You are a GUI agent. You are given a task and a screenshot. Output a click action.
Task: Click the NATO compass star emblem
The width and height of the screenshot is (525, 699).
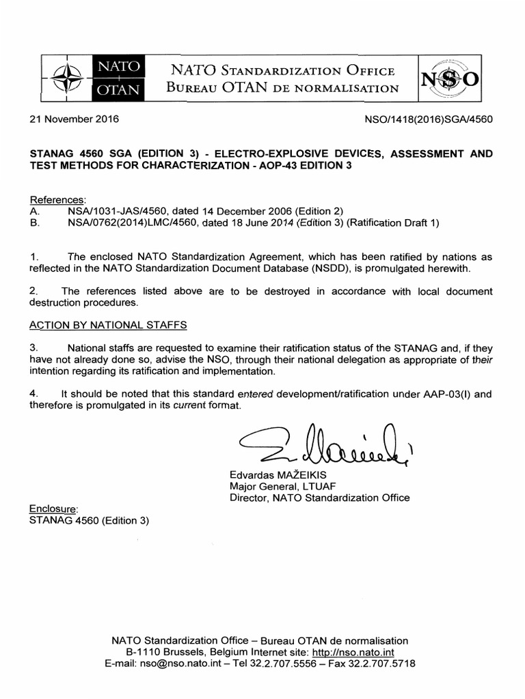[68, 76]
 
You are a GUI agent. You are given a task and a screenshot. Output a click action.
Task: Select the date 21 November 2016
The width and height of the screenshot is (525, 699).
[74, 119]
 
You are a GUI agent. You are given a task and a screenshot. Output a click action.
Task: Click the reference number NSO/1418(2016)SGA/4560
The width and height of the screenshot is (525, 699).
[430, 119]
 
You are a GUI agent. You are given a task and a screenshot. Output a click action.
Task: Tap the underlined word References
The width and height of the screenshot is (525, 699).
[57, 199]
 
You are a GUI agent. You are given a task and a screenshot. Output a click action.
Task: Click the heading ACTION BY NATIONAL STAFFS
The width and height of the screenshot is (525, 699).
[108, 324]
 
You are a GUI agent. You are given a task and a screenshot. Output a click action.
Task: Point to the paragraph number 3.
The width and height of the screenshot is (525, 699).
[33, 347]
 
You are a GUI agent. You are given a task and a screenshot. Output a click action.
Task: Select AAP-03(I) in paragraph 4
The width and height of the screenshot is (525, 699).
[449, 394]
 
